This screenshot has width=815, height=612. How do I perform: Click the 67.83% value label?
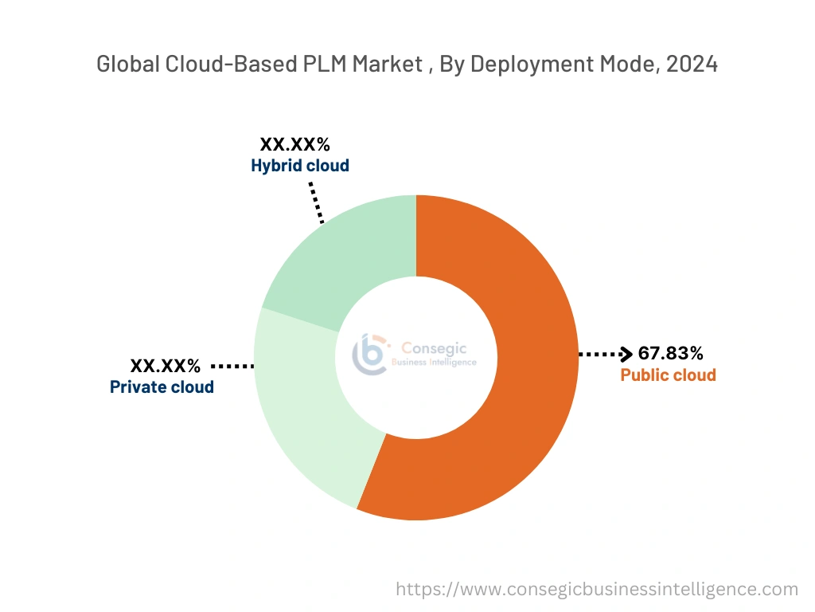(670, 354)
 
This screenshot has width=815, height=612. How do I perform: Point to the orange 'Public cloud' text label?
(668, 375)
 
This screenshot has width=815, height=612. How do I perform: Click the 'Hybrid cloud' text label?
(300, 166)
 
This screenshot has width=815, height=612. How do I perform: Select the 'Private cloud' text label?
(162, 387)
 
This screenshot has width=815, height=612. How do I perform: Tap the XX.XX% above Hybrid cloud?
(294, 145)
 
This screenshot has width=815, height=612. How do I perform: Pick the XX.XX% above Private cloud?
(166, 367)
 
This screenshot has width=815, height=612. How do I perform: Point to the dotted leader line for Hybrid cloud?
(317, 201)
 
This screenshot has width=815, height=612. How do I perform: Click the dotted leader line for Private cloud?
(232, 367)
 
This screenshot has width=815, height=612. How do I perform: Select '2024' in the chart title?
(692, 65)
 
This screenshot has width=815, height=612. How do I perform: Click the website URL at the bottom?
(597, 590)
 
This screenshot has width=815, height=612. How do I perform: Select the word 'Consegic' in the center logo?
(434, 348)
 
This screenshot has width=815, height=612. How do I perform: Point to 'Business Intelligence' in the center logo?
(435, 363)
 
